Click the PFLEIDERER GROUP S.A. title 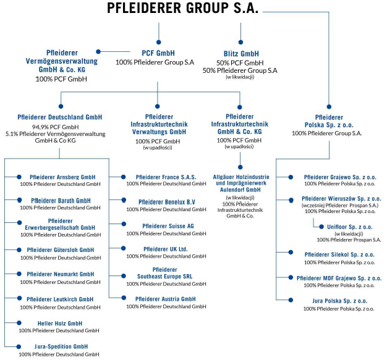coord(182,8)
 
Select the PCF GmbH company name coord(158,53)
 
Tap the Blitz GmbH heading coord(241,54)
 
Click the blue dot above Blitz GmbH coord(240,42)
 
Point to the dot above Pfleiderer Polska coord(329,107)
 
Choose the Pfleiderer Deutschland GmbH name coord(60,117)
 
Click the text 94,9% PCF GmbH coord(55,127)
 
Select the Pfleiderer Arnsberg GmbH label coord(62,177)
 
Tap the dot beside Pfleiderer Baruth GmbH coord(19,199)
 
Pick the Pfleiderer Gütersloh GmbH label coord(61,250)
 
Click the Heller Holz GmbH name coord(60,324)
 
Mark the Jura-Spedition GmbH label coord(61,346)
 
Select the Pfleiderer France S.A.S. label coord(166,177)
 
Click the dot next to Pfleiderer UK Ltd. coord(124,248)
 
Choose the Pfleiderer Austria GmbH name coord(165,299)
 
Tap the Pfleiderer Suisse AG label coord(168,226)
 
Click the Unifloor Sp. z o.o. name coord(350,227)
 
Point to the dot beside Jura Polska coord(291,300)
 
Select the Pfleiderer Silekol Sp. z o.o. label coord(339,254)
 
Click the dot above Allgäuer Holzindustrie coord(240,167)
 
